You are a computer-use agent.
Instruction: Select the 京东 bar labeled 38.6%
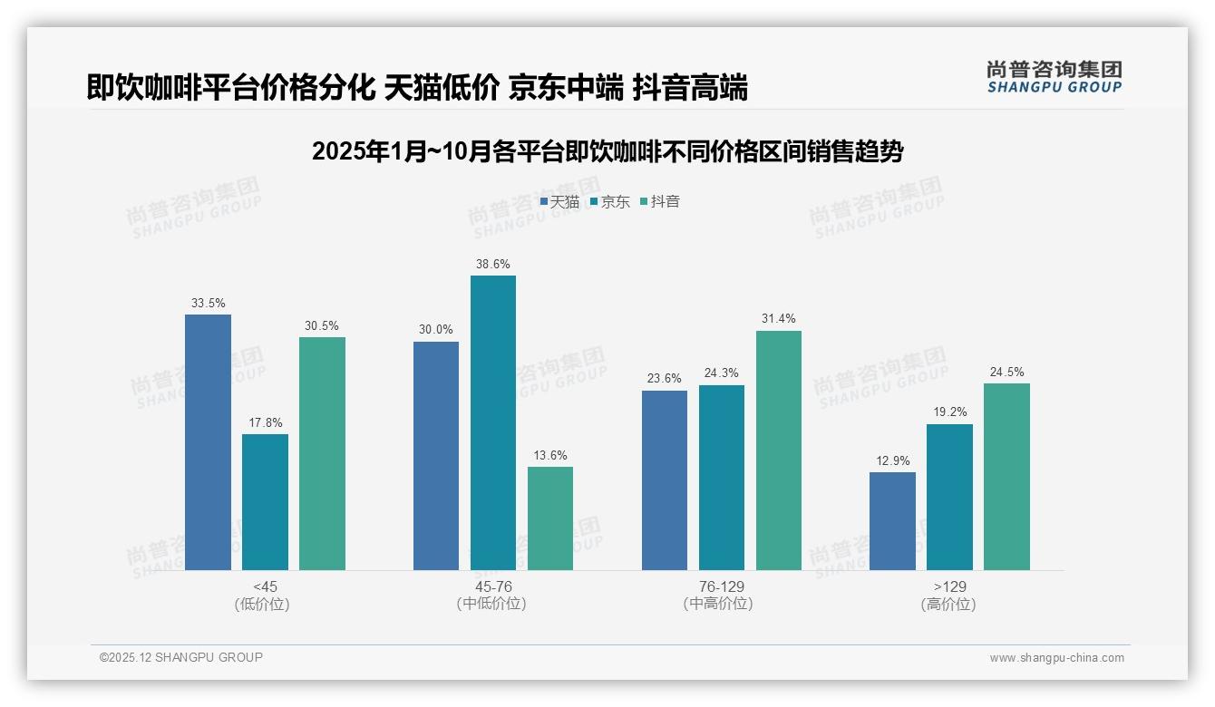click(493, 422)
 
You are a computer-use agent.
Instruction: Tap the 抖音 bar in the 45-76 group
click(550, 518)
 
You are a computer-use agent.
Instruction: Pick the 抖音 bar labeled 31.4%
click(779, 450)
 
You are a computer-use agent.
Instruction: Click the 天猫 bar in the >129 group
click(892, 521)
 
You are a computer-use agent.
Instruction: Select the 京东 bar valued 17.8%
click(265, 502)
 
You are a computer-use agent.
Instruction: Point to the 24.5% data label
click(1006, 372)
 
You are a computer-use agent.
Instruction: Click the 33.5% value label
click(208, 303)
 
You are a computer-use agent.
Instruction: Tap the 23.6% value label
click(665, 379)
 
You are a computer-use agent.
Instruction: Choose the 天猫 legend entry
click(559, 201)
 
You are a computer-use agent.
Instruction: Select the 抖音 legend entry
click(660, 201)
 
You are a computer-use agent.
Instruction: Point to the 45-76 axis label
click(493, 586)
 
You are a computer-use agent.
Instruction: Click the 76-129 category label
click(721, 586)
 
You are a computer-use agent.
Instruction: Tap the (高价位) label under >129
click(948, 605)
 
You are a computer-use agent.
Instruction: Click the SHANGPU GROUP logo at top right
click(1054, 76)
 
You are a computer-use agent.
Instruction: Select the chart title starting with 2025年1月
click(607, 151)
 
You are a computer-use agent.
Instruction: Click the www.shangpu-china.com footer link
click(1056, 658)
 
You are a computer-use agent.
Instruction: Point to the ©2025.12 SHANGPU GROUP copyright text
click(181, 657)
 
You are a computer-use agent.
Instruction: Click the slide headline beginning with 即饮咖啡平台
click(417, 88)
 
